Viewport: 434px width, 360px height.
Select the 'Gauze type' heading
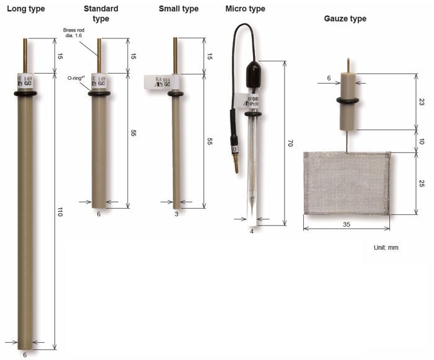click(x=345, y=19)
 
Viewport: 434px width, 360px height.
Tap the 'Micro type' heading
click(x=245, y=9)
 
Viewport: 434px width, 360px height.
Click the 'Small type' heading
click(x=179, y=9)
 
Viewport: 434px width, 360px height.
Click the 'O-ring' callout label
click(x=77, y=78)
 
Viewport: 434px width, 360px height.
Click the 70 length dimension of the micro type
click(x=289, y=143)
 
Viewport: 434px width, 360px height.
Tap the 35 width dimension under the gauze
click(x=346, y=224)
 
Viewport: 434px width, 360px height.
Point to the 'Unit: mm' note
click(x=386, y=247)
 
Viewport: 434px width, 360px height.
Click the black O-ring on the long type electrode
click(x=25, y=94)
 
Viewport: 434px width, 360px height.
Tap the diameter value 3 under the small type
click(x=177, y=214)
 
